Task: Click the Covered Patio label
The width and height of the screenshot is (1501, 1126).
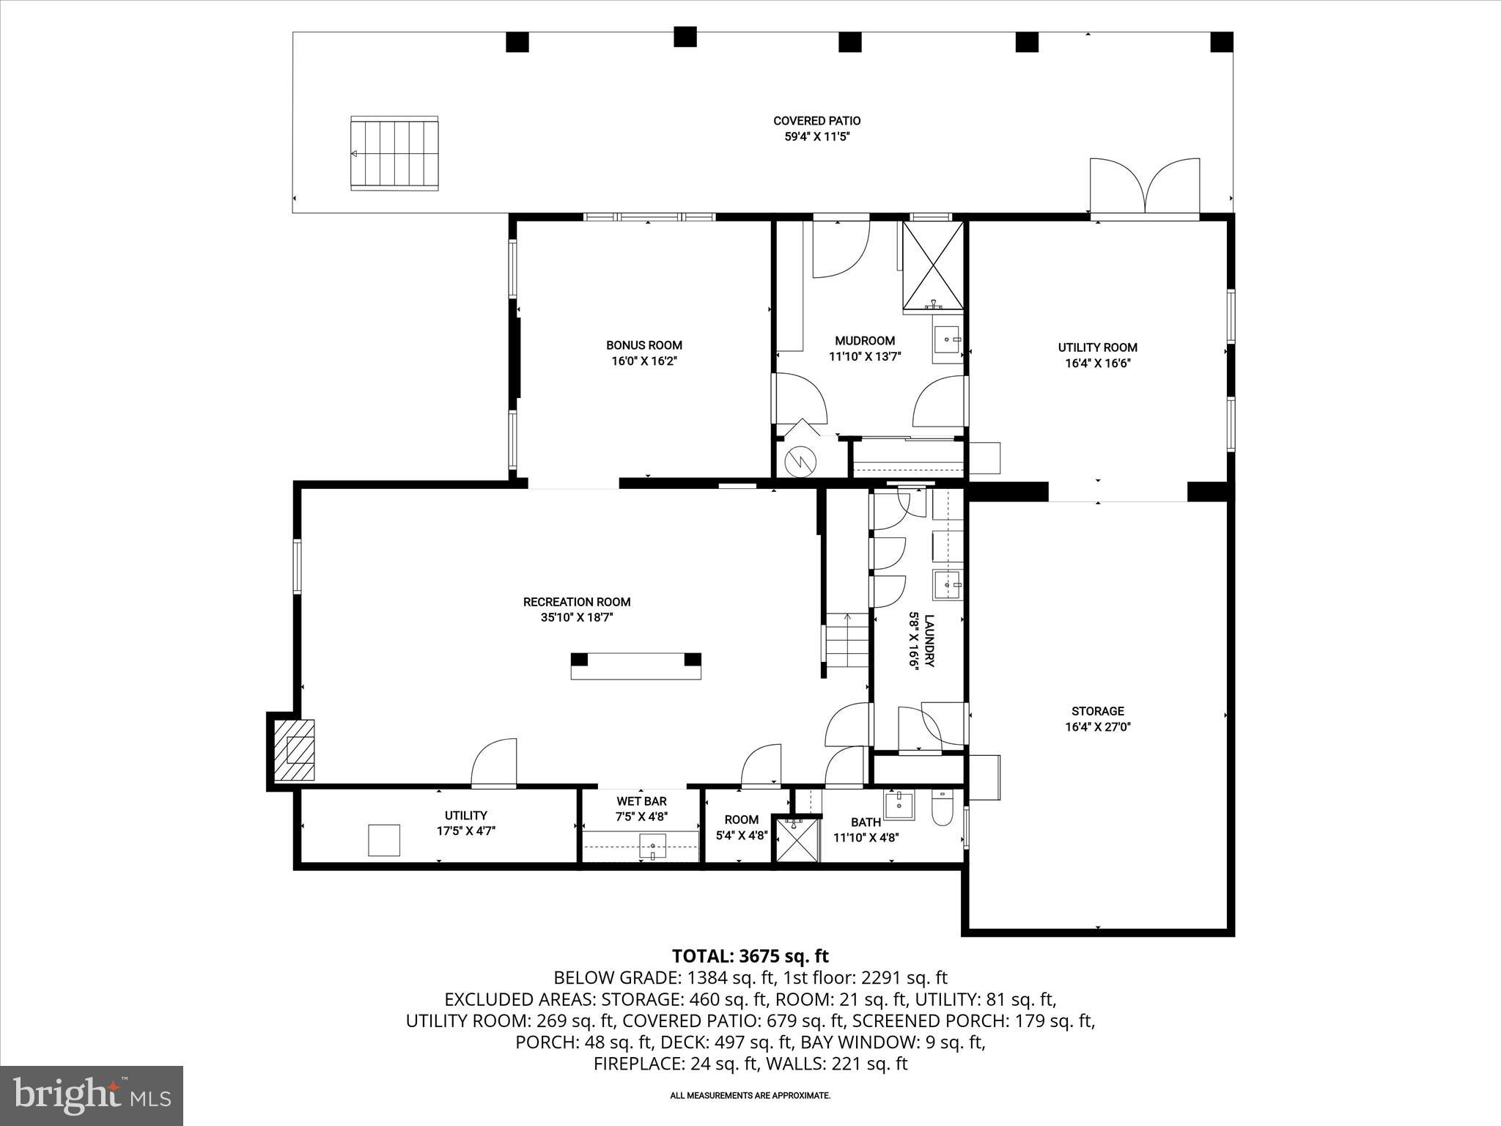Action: coord(816,121)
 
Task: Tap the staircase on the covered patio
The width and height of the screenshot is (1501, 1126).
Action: coord(394,153)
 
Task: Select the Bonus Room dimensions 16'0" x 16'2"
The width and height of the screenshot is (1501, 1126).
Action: coord(643,361)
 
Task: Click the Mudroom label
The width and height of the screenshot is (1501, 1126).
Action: coord(865,341)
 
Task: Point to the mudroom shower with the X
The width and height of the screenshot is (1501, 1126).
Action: coord(933,265)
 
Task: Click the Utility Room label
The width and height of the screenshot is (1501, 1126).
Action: coord(1097,347)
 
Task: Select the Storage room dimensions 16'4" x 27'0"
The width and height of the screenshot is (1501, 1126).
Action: coord(1097,727)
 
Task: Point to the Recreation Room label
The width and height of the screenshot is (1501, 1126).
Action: coord(577,602)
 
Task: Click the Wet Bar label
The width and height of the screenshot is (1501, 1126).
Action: coord(641,801)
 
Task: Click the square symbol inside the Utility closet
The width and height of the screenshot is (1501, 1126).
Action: coord(384,840)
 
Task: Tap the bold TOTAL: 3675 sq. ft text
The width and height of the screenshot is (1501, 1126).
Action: coord(750,956)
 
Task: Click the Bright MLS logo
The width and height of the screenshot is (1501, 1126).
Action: coord(92,1096)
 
